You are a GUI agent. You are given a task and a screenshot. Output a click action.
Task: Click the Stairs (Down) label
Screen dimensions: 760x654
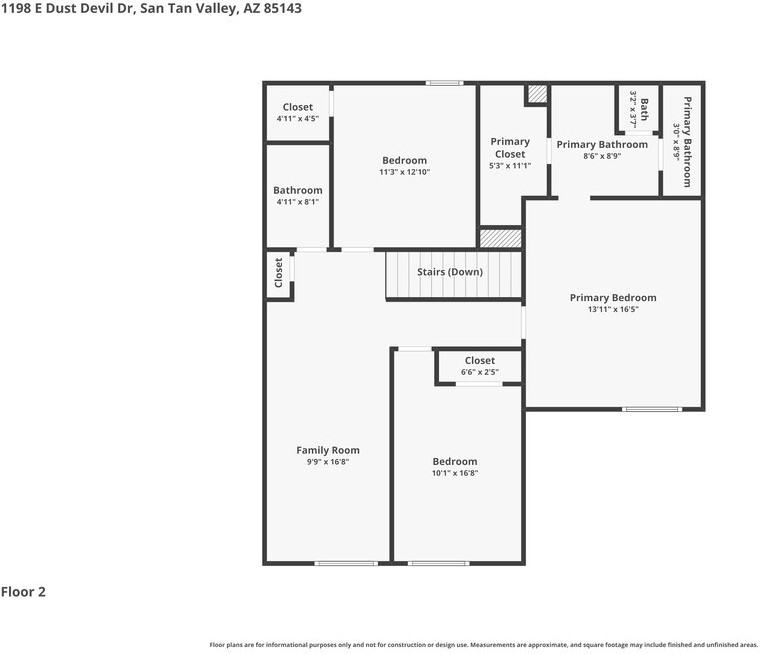point(450,272)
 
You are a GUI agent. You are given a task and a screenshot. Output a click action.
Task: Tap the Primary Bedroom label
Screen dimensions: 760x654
point(613,298)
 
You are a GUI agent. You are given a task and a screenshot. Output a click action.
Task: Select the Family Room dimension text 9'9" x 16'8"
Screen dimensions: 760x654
point(328,462)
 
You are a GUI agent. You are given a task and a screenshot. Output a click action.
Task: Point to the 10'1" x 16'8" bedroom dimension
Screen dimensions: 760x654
point(455,473)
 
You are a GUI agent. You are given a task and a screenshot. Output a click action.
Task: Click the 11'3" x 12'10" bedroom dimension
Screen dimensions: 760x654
point(404,172)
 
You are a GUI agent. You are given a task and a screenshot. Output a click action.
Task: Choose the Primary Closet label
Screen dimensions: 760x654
point(510,148)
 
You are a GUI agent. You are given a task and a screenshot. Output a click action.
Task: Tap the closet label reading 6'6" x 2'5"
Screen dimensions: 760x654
point(479,372)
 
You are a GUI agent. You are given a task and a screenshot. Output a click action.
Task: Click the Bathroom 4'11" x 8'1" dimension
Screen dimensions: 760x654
point(298,202)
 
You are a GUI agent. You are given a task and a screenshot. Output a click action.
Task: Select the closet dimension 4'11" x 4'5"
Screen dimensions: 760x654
point(298,119)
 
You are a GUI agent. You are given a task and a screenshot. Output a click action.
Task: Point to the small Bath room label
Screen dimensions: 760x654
point(644,109)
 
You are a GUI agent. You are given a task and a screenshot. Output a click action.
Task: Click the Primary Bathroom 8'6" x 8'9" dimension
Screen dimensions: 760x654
point(602,156)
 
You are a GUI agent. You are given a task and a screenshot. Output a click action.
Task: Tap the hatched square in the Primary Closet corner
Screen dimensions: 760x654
point(537,94)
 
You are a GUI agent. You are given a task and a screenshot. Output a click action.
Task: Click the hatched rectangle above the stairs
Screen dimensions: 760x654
point(500,239)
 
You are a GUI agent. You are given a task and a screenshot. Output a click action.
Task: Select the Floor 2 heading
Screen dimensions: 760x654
point(23,592)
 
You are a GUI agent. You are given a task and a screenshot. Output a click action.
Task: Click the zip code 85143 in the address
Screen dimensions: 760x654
point(283,8)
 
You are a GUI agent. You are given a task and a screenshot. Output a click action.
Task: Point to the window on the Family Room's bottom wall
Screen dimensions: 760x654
point(346,563)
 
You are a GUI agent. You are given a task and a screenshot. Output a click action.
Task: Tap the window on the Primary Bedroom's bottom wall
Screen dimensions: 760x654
point(652,409)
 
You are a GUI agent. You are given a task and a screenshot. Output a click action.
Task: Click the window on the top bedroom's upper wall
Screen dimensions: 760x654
point(444,83)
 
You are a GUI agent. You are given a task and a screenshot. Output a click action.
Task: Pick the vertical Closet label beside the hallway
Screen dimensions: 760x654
point(278,272)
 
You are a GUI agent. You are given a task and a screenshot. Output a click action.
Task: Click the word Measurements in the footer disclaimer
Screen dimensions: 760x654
point(494,645)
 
